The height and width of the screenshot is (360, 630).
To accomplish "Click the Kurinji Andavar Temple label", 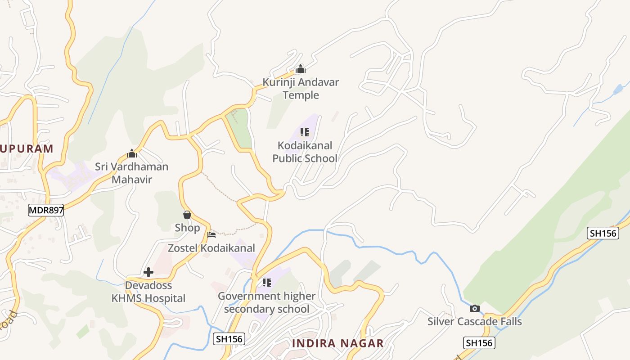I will point(301,89).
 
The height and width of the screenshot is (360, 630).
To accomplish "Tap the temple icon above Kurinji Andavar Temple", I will point(301,69).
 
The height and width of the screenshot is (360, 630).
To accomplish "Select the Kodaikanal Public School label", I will point(305,152).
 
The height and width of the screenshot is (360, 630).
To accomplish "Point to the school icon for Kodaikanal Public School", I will point(305,132).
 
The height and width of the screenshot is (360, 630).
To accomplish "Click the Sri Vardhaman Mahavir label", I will point(131,173).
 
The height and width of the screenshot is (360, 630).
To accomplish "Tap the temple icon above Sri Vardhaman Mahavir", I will point(131,153).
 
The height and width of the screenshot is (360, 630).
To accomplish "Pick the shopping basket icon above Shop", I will point(187,215).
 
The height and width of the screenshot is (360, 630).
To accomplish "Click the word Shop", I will point(187,228).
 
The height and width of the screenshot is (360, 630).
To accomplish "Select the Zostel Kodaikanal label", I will point(211,248).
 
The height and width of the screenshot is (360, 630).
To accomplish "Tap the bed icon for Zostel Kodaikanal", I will point(211,234).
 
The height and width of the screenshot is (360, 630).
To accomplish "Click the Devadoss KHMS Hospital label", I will point(148,292).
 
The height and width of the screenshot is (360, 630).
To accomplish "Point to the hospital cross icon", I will point(148,272).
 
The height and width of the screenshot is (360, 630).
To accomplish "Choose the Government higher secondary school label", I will point(266,302).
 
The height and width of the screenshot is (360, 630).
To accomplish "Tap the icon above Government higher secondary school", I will point(267,283).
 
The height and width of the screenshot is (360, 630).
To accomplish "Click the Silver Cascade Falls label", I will point(474,321).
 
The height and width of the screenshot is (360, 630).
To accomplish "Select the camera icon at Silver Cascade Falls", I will point(474,308).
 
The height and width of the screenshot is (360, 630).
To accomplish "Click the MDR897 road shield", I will point(46,210).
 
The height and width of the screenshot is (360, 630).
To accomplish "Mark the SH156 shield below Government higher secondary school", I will point(229,339).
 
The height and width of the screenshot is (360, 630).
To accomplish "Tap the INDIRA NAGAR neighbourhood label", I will point(337,343).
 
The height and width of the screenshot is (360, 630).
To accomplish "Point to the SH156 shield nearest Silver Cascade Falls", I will point(479,342).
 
